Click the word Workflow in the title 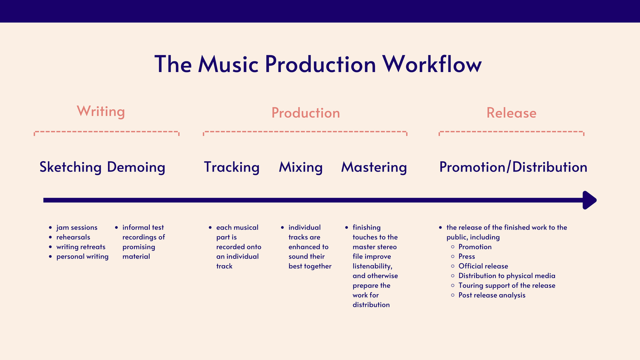(x=432, y=64)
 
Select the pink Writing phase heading (x=101, y=111)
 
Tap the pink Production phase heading (x=305, y=113)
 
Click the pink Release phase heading (x=511, y=113)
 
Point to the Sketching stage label (x=70, y=167)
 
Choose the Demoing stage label (x=136, y=167)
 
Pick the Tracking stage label (x=232, y=167)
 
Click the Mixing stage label (x=301, y=167)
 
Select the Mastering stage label (x=374, y=167)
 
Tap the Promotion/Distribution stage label (x=513, y=167)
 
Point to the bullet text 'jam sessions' (x=77, y=228)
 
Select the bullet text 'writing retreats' (x=81, y=247)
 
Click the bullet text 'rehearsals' (x=73, y=237)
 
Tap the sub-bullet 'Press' (x=466, y=257)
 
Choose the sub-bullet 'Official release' (x=483, y=266)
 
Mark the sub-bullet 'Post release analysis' (x=492, y=295)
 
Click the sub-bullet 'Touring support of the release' (x=506, y=286)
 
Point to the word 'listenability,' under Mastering (x=372, y=266)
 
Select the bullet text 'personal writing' (x=82, y=257)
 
